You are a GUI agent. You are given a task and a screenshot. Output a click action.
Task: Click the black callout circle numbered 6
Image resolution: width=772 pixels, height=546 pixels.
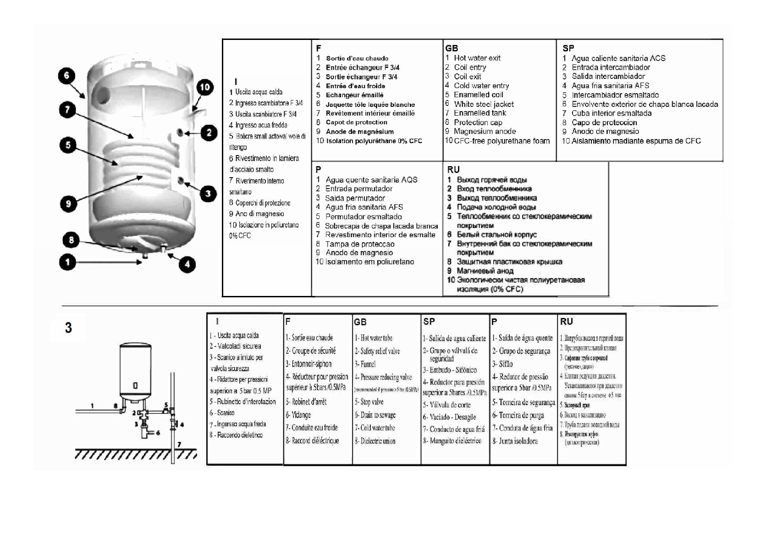(x=67, y=76)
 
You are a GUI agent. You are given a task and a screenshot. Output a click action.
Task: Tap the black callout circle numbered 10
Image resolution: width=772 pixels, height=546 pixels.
(x=205, y=88)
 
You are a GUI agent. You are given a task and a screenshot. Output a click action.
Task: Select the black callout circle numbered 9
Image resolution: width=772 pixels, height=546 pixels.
(x=68, y=204)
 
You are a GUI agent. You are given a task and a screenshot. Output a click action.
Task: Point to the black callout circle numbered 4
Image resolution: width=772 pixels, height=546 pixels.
(x=187, y=264)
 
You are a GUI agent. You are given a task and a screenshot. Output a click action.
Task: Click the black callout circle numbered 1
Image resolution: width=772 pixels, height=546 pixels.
(x=68, y=262)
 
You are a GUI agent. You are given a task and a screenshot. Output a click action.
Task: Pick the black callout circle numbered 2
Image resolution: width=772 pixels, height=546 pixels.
(x=209, y=133)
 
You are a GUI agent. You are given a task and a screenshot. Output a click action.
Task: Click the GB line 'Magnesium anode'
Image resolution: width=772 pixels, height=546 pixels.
(x=485, y=132)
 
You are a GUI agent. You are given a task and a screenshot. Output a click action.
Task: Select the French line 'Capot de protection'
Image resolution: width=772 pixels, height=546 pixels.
(x=356, y=123)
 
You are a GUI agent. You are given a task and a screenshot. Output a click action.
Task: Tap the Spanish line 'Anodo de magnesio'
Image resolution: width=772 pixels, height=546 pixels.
(x=605, y=132)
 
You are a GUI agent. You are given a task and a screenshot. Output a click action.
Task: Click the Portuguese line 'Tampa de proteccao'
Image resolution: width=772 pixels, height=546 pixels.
(x=359, y=244)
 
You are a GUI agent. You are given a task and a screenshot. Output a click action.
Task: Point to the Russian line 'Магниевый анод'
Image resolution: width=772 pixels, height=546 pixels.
(x=485, y=271)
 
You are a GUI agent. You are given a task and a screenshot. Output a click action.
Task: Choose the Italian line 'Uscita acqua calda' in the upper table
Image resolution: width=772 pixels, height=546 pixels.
(x=259, y=92)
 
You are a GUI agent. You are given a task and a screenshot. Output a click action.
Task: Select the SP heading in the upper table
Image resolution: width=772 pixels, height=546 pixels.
(x=568, y=48)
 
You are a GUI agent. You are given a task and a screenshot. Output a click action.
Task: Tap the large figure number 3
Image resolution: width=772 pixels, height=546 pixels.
(x=68, y=328)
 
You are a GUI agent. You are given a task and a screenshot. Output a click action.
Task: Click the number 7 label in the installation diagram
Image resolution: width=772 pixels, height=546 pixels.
(x=179, y=444)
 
